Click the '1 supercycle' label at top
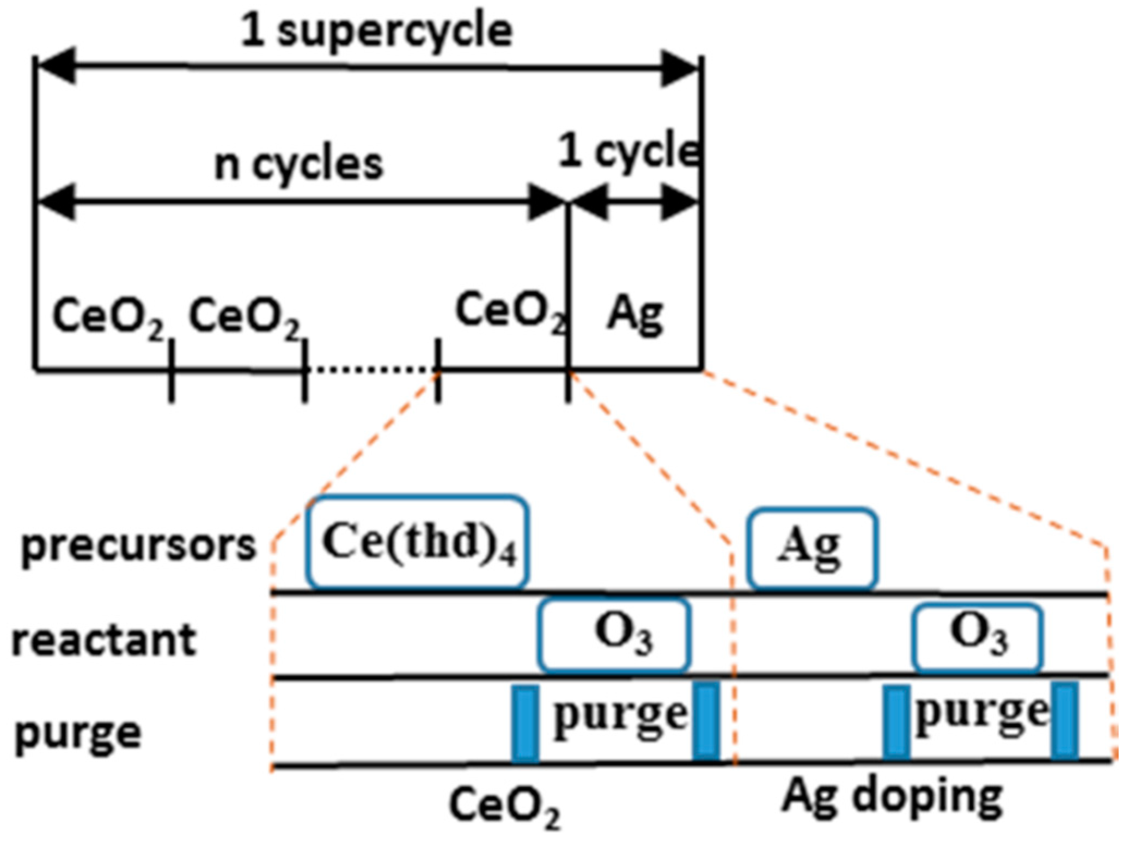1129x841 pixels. tap(376, 32)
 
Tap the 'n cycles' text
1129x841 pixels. tap(298, 164)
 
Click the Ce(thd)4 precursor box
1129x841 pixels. tap(417, 542)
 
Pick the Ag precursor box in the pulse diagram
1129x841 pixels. tap(812, 548)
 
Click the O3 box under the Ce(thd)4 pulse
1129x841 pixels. tap(614, 635)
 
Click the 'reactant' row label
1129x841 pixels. tap(103, 640)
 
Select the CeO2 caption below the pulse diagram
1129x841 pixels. tap(504, 806)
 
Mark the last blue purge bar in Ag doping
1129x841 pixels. tap(1064, 721)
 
